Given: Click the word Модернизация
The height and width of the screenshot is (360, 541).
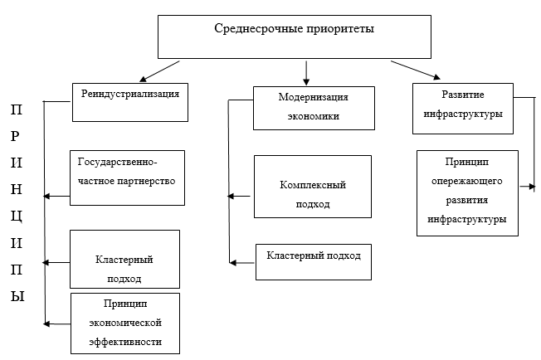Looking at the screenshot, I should click(x=312, y=96).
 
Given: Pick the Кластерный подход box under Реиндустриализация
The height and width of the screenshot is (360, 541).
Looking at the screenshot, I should click(x=124, y=269).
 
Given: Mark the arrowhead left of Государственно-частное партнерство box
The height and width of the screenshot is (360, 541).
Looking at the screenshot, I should click(x=48, y=197).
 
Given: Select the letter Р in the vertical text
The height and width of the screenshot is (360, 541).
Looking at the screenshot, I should click(x=17, y=135).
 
